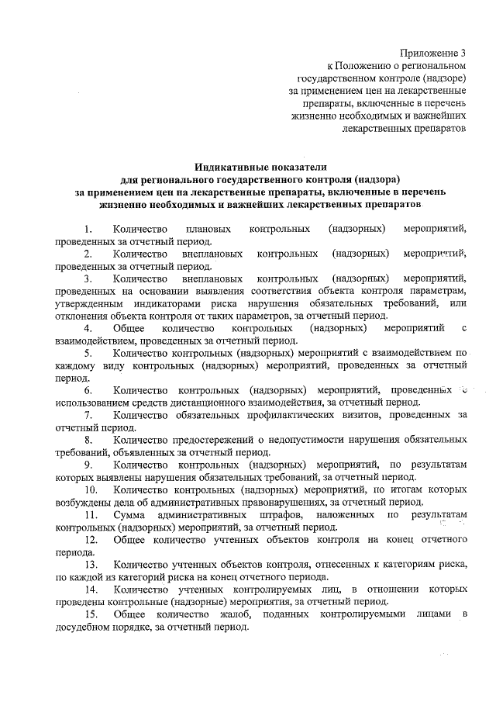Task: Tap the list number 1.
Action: pos(89,229)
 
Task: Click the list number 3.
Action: pos(89,277)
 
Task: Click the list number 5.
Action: pos(89,354)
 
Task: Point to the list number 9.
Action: pos(89,465)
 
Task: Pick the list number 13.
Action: pos(91,563)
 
